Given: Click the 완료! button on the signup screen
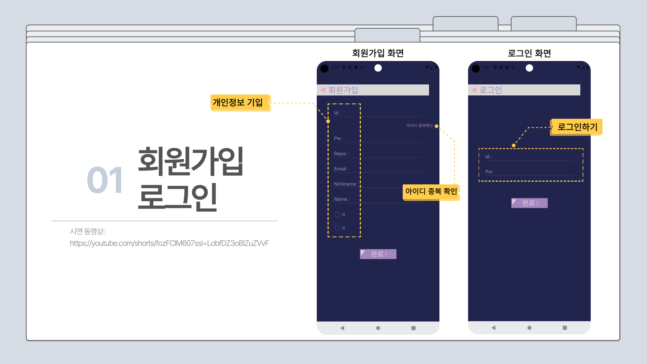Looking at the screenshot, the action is click(378, 254).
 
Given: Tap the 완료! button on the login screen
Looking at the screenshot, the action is click(529, 203).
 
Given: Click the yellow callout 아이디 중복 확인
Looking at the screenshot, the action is click(431, 191).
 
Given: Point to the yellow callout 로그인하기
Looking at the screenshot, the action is click(577, 127).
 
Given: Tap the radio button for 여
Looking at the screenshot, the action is click(337, 215).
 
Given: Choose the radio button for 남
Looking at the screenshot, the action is click(337, 228).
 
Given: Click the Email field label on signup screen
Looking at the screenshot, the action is click(341, 169).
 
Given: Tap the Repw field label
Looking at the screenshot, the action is click(341, 154).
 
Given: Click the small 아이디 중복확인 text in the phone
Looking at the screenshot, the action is click(420, 126).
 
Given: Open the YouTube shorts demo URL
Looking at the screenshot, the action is click(169, 243).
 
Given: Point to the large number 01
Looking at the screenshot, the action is click(105, 180).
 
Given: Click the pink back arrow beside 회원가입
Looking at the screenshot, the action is click(322, 90).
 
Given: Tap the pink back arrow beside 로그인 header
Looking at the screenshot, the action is click(474, 90).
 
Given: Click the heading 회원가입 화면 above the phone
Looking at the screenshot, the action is click(378, 53).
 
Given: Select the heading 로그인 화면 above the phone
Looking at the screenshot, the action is click(529, 53).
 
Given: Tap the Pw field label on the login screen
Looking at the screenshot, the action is click(490, 172).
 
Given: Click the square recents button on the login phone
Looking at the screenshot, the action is click(565, 328).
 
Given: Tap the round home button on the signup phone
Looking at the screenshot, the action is click(378, 328).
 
